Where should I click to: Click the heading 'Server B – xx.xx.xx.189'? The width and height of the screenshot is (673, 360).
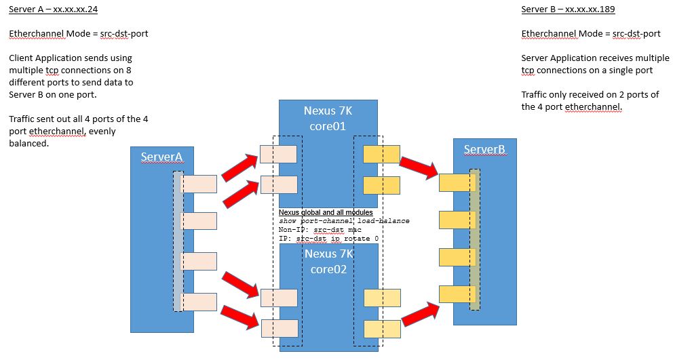[568, 9]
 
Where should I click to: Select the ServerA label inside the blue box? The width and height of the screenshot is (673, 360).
[161, 157]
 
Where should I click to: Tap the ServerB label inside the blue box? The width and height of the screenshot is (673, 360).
[484, 149]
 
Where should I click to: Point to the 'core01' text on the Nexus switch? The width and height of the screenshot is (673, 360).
[328, 125]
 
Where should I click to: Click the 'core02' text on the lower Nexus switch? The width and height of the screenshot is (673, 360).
[328, 269]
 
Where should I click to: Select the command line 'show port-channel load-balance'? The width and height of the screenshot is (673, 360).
[344, 221]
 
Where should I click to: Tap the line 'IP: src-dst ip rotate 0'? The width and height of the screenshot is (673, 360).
[328, 239]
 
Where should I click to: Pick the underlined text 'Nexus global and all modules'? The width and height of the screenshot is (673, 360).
[326, 213]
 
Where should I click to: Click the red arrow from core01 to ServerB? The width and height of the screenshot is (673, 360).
[418, 167]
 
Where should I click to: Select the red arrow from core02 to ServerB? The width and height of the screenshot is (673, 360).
[419, 313]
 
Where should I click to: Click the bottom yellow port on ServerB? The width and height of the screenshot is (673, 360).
[457, 294]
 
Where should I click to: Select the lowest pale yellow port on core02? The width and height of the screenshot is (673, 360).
[382, 329]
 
